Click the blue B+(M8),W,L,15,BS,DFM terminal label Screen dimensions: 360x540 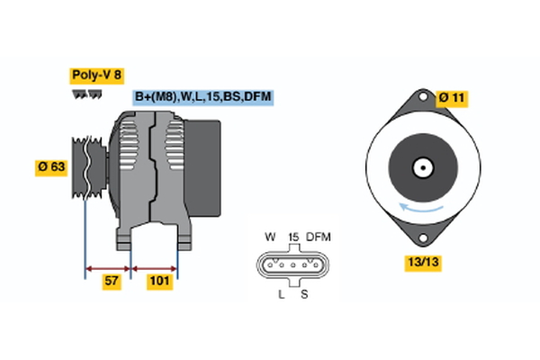click(202, 96)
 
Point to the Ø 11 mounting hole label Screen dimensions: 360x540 click(453, 97)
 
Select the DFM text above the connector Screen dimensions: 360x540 click(319, 237)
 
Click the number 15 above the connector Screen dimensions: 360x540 click(292, 237)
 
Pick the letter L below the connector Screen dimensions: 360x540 click(282, 294)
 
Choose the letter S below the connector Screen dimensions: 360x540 click(303, 294)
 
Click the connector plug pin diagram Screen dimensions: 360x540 click(292, 265)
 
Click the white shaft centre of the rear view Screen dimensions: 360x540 click(420, 167)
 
